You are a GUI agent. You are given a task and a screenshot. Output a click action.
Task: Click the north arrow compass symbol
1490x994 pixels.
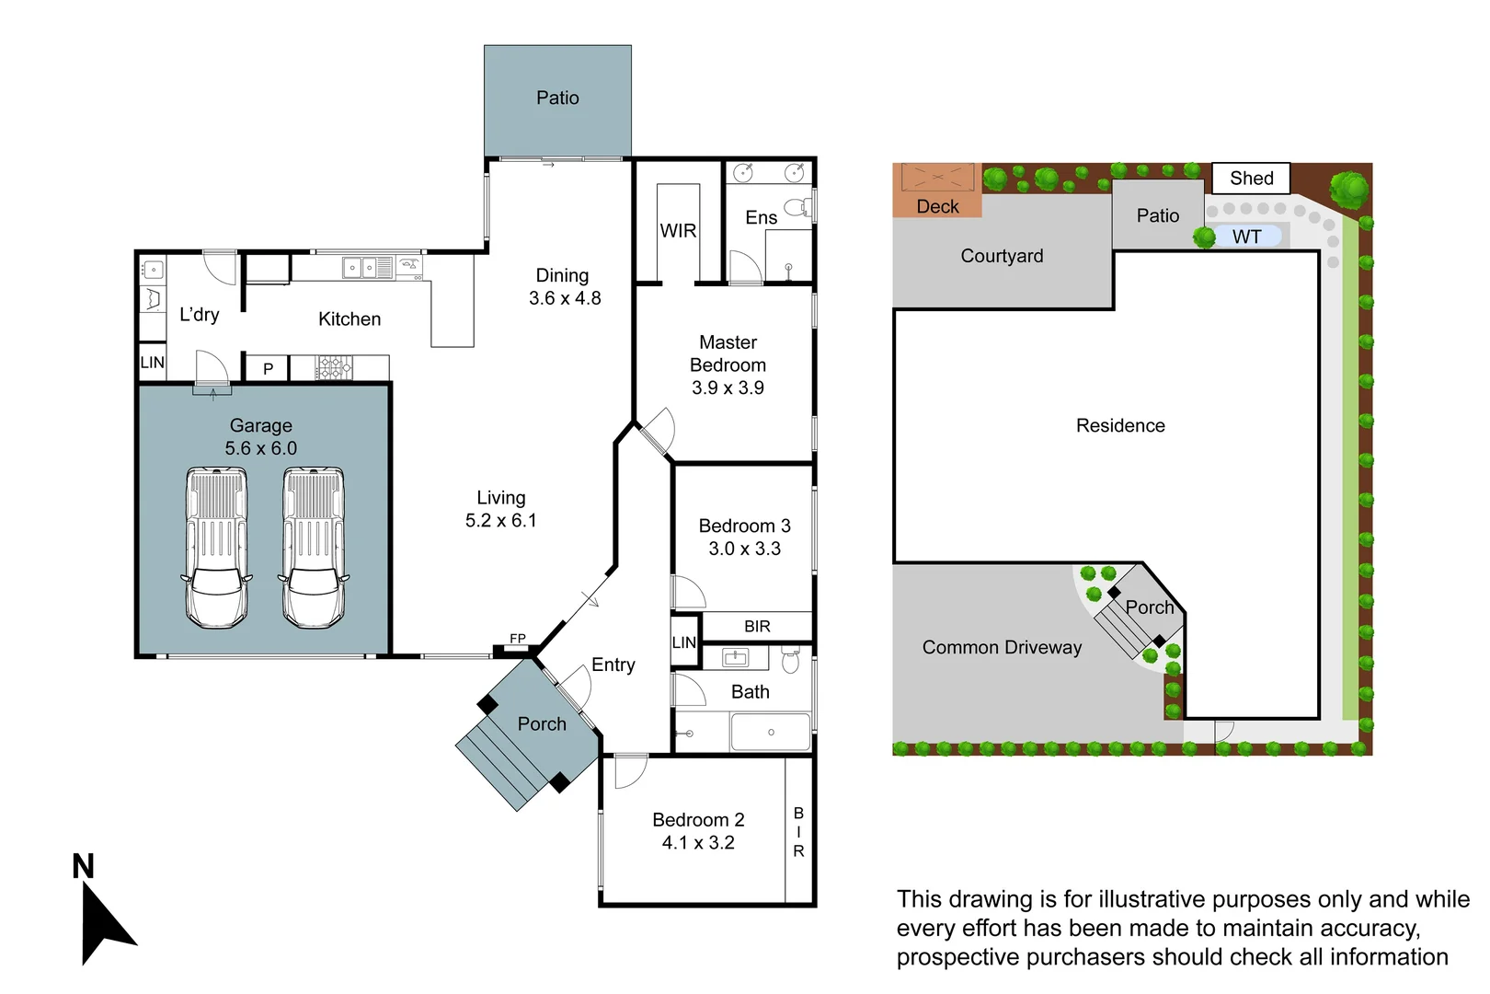(x=103, y=920)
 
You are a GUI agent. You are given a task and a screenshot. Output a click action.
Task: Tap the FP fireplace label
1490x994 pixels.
(x=518, y=639)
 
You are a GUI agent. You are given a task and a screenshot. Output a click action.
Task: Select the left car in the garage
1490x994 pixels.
(x=217, y=549)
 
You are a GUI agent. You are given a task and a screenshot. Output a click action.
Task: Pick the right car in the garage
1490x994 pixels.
(x=314, y=549)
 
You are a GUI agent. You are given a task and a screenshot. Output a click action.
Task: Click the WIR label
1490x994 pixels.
(x=678, y=231)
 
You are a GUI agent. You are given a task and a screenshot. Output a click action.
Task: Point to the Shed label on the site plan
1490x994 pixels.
(x=1251, y=179)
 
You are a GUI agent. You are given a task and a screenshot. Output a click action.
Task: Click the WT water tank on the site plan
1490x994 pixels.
(x=1246, y=237)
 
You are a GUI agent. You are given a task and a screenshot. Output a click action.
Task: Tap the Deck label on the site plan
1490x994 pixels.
(x=937, y=207)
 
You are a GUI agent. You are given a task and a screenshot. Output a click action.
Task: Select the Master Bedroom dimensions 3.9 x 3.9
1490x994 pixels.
(x=728, y=388)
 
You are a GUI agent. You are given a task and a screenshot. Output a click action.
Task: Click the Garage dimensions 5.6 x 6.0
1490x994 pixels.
(x=261, y=449)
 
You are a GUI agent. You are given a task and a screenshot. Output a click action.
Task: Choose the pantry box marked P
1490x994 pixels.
(x=268, y=369)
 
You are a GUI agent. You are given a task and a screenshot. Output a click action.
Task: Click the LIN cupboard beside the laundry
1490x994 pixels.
(x=153, y=363)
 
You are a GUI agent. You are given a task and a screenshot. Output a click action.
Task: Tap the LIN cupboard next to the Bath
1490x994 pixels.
(x=684, y=642)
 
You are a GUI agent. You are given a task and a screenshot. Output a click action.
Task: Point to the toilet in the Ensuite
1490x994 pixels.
(x=798, y=207)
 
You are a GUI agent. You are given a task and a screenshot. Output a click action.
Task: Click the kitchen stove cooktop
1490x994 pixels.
(x=335, y=368)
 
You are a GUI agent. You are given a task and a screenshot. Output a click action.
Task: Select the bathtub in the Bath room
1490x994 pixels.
(x=771, y=733)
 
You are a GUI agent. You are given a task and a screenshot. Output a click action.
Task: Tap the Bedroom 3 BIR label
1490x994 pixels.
(x=757, y=627)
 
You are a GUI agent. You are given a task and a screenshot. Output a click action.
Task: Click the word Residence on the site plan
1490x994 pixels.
(x=1120, y=426)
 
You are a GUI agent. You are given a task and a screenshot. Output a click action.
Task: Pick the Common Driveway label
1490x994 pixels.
(x=1002, y=648)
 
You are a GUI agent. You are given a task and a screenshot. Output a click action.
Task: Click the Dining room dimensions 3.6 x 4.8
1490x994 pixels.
(x=565, y=298)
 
